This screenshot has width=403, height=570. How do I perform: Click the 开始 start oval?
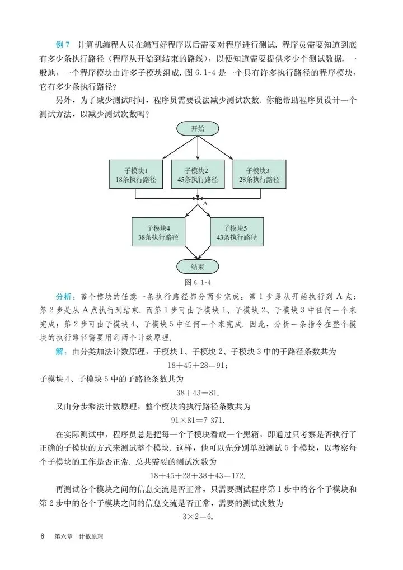click(x=198, y=128)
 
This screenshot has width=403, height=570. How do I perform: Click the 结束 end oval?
click(x=198, y=267)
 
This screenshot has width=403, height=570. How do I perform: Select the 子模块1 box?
click(x=135, y=175)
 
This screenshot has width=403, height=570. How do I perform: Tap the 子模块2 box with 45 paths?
click(x=198, y=175)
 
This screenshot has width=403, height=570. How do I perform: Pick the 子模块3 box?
click(x=259, y=175)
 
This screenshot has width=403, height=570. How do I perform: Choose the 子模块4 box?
click(x=158, y=232)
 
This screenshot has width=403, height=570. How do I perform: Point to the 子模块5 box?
click(x=237, y=232)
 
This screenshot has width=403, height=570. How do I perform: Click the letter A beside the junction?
click(x=205, y=204)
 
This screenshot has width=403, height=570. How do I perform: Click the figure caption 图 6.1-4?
click(x=197, y=282)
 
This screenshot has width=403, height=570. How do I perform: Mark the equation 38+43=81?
click(x=197, y=393)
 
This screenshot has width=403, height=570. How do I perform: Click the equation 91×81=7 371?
click(x=197, y=420)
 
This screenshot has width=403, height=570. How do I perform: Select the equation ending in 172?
click(x=197, y=475)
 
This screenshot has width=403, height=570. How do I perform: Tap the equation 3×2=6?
click(x=197, y=517)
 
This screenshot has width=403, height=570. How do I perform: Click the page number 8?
click(x=43, y=536)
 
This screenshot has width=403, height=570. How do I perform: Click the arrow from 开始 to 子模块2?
click(x=198, y=148)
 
